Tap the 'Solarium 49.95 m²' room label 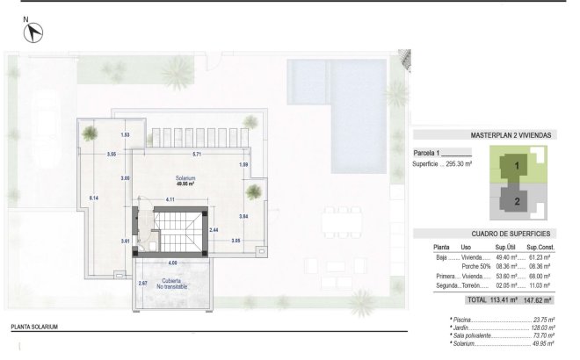click(x=185, y=181)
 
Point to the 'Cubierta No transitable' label click(x=173, y=284)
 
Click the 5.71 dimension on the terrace click(x=198, y=155)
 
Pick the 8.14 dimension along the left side click(x=93, y=198)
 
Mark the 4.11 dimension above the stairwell click(x=170, y=200)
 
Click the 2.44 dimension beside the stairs click(x=213, y=229)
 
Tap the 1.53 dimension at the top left click(x=126, y=135)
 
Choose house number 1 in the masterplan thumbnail click(x=518, y=165)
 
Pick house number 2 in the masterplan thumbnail click(x=517, y=201)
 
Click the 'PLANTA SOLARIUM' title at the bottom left click(x=35, y=327)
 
